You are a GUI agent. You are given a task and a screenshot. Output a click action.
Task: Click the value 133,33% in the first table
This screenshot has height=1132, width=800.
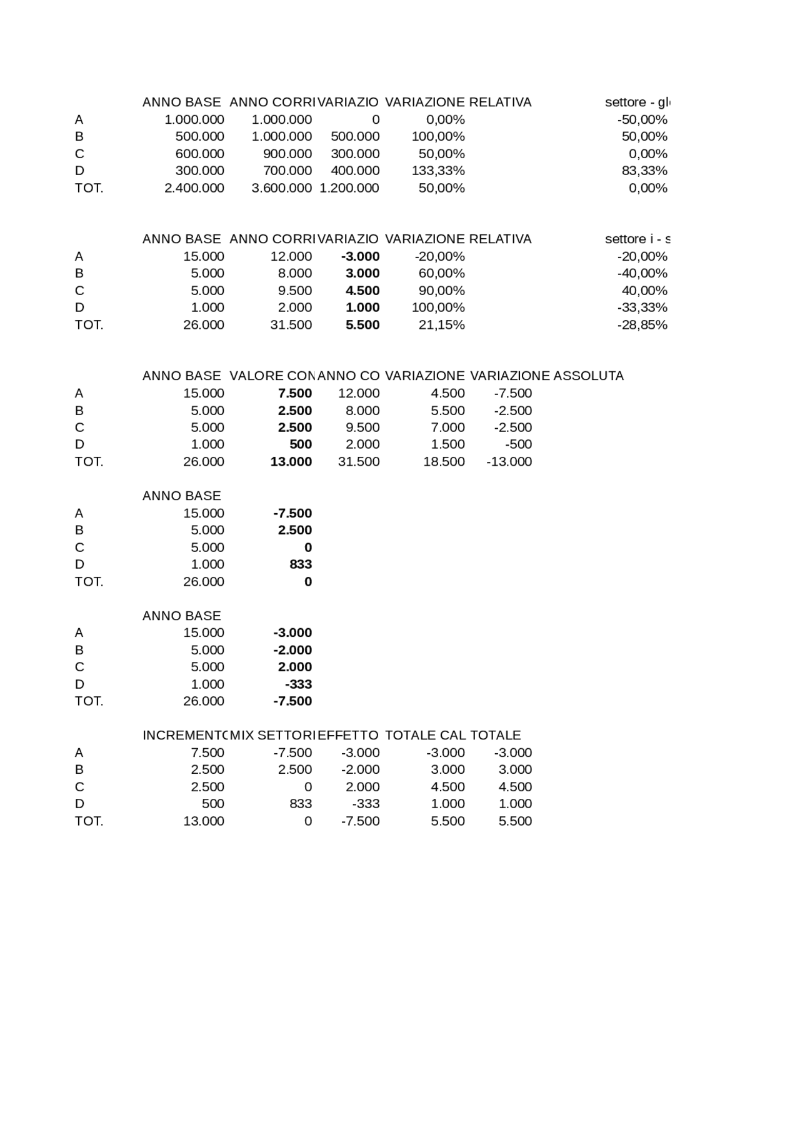[437, 171]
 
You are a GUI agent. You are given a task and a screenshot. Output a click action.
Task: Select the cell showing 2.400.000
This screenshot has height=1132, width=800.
[194, 188]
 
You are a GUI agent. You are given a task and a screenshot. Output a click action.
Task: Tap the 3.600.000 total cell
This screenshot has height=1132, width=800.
[281, 188]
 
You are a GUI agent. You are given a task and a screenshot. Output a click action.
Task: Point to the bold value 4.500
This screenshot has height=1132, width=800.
[362, 291]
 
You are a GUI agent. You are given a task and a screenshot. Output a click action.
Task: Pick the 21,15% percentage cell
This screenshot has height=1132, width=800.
[441, 325]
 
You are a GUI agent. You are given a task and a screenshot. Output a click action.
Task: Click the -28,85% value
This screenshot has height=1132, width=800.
[642, 325]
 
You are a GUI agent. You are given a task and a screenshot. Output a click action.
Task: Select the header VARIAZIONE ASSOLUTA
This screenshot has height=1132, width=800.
[547, 376]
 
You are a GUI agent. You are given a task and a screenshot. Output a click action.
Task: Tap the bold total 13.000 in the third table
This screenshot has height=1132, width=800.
[291, 462]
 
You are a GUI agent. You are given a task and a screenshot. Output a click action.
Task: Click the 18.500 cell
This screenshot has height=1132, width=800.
[444, 462]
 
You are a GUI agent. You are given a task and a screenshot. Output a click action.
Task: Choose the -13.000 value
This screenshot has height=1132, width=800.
[509, 462]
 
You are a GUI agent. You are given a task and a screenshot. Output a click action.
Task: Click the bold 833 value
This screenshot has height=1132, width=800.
[301, 564]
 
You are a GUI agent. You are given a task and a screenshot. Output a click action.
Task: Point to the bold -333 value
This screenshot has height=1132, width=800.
[298, 684]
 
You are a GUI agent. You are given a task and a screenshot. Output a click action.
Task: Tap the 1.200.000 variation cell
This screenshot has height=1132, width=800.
[349, 188]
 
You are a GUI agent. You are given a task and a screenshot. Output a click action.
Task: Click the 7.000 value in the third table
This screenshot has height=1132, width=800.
[447, 428]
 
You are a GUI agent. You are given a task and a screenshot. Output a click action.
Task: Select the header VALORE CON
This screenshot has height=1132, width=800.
[271, 376]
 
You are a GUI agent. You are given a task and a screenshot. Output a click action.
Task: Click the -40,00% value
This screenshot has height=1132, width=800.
[642, 274]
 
